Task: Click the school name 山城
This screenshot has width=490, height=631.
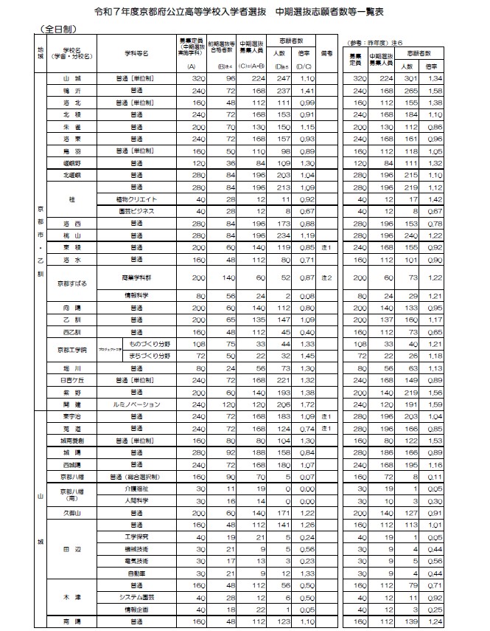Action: pyautogui.click(x=71, y=77)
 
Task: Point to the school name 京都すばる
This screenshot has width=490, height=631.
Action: pyautogui.click(x=71, y=283)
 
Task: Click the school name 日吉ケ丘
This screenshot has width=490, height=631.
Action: pyautogui.click(x=71, y=380)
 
